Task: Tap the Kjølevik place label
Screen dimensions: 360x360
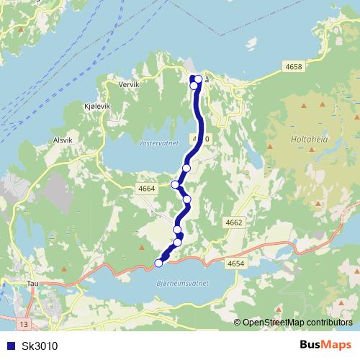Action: point(99,105)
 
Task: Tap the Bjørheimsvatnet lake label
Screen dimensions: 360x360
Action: point(182,283)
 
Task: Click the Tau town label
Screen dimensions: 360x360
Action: point(32,284)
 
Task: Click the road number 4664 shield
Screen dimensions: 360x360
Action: point(146,189)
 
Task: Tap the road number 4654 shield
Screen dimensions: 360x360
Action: point(235,265)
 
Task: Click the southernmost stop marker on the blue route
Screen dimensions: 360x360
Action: point(159,264)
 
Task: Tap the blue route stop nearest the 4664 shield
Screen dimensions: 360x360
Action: point(175,184)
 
